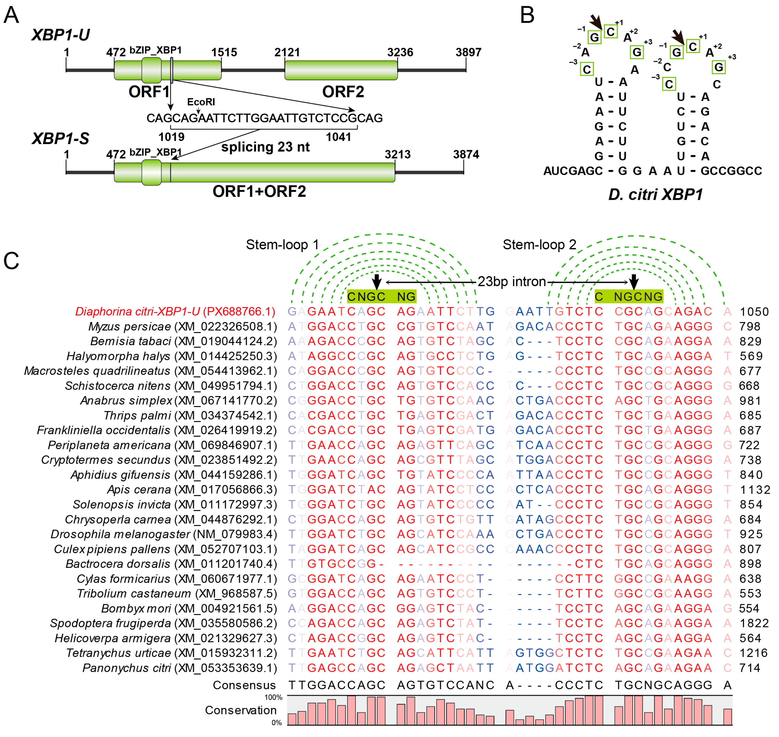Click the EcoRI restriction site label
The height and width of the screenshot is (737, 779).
201,102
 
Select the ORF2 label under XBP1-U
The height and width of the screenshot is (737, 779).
343,92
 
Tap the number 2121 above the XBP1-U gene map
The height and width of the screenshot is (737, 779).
287,52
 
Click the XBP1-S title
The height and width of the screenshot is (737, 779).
60,138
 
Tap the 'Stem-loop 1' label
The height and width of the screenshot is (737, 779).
282,245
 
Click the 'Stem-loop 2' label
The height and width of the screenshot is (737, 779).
539,245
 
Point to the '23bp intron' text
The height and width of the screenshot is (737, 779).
512,282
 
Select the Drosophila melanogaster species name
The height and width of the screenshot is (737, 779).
120,534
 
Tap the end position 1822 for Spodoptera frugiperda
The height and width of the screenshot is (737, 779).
754,623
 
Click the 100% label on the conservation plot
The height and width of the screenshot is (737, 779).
273,697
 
